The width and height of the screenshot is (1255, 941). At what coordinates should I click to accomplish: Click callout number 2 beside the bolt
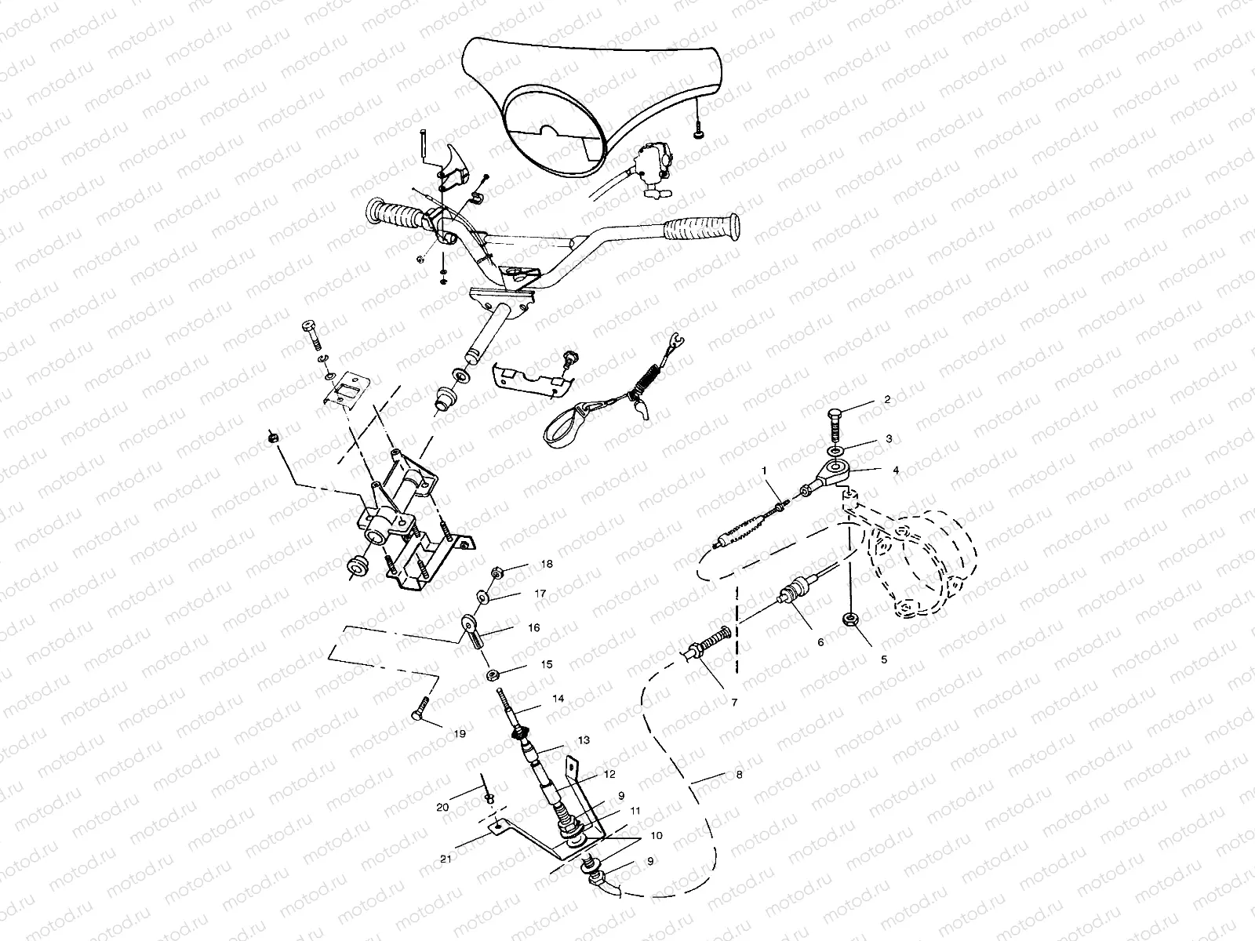887,400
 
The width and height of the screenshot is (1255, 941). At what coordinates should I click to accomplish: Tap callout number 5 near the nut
883,659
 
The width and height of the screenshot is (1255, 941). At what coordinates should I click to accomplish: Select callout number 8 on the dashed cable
740,776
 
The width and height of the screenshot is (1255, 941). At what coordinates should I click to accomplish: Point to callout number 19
460,734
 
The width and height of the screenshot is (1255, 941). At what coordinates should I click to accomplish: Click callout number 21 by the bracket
446,859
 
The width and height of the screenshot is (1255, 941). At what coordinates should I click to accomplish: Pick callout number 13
584,740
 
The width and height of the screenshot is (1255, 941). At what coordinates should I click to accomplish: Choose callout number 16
533,628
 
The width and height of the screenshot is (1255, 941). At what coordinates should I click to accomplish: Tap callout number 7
735,703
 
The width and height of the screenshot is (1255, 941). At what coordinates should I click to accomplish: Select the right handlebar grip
701,228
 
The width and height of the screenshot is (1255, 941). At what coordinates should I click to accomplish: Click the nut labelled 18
497,572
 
